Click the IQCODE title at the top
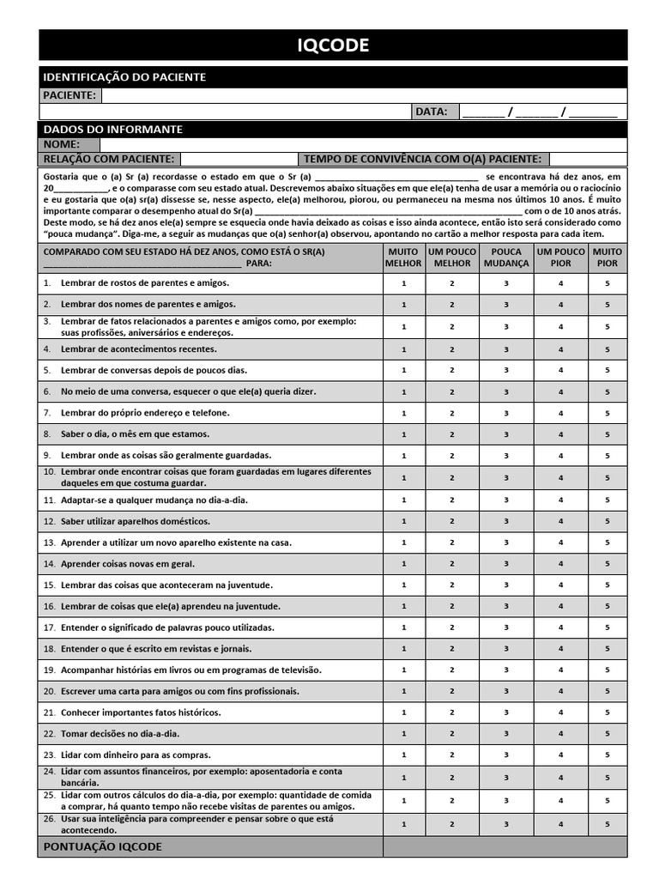point(333,45)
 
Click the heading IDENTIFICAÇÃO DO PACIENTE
point(124,77)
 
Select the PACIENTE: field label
point(70,95)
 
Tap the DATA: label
point(431,112)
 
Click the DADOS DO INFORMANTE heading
point(112,130)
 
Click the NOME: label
point(61,144)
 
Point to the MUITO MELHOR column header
point(404,258)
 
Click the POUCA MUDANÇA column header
point(506,258)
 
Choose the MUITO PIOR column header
point(608,258)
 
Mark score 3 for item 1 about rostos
point(506,283)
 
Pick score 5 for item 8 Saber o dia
point(608,434)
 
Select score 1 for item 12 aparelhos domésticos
point(404,521)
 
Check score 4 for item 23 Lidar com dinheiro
point(561,755)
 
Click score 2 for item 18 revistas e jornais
point(452,649)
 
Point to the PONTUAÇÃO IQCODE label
point(102,846)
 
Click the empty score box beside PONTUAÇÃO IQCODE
point(505,846)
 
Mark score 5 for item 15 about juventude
point(608,585)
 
